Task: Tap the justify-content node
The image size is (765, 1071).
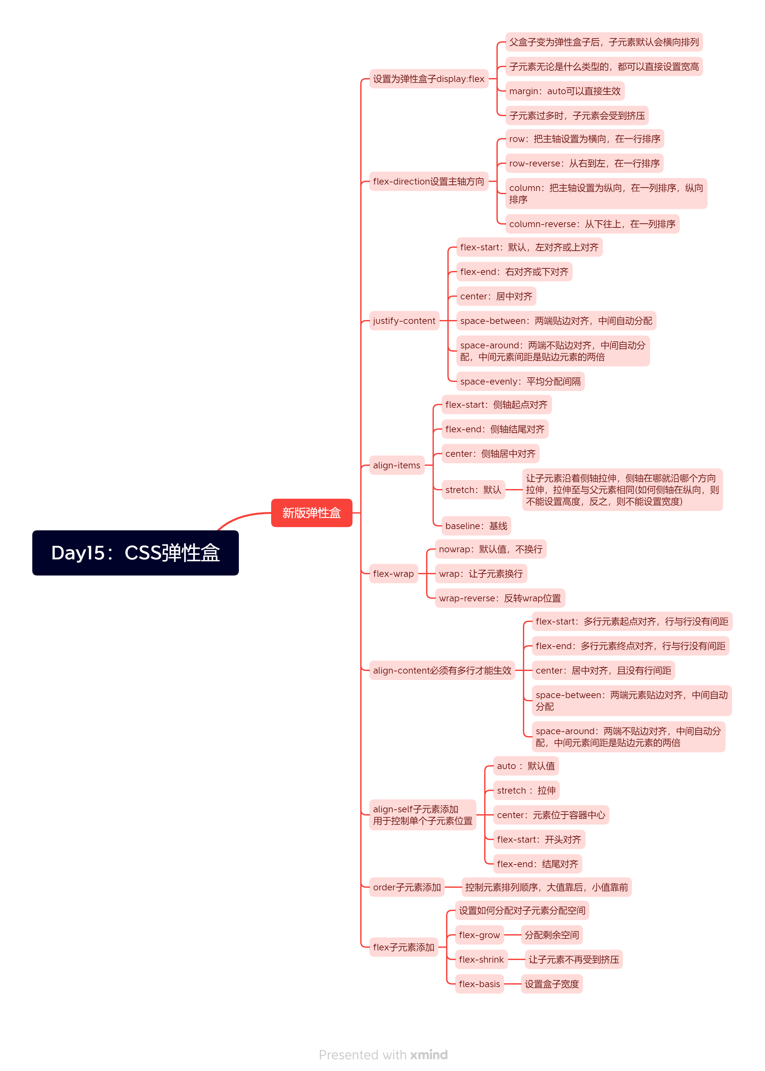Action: click(x=404, y=321)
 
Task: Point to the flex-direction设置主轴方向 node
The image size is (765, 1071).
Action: click(x=428, y=181)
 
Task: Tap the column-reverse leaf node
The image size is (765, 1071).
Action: click(x=592, y=224)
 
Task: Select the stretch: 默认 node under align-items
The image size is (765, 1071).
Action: click(x=473, y=490)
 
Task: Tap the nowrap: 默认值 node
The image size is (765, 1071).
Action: click(x=490, y=549)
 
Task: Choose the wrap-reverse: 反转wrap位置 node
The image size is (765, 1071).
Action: click(x=499, y=598)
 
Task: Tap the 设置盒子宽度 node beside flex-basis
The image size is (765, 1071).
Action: click(x=552, y=984)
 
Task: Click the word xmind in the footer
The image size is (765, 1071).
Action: click(x=429, y=1055)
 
